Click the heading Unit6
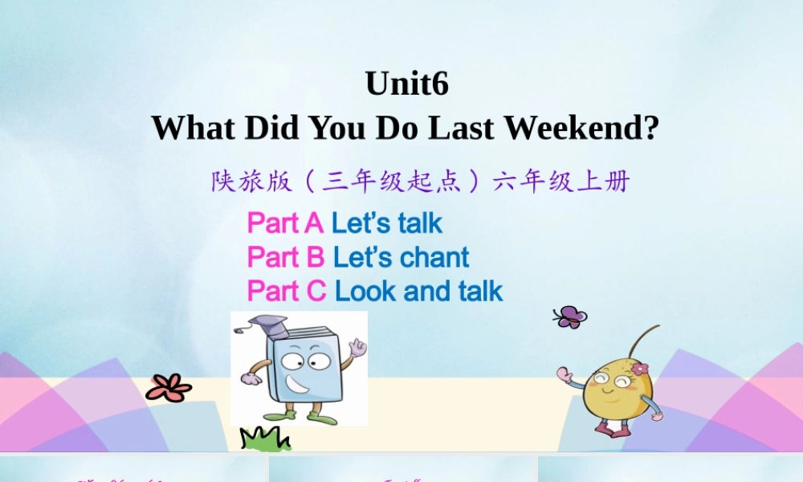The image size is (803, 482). point(407,84)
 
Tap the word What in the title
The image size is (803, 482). point(193,127)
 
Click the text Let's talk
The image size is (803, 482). point(387,223)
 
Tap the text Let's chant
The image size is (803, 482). point(401,257)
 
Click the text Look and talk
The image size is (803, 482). point(418,291)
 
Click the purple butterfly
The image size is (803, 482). point(569,317)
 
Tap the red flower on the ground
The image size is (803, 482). point(169,388)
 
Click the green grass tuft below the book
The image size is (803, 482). point(266,439)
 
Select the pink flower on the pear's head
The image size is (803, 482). point(639,369)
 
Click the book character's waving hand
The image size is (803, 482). point(357,348)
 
